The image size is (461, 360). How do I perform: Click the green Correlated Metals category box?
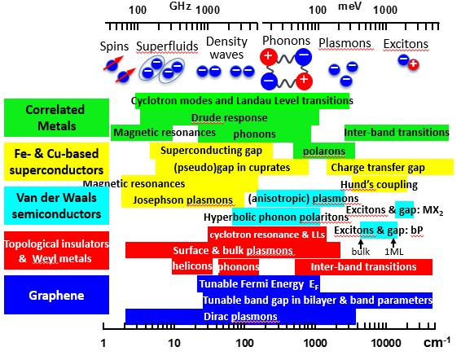click(56, 117)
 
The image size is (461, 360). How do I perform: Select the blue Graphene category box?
click(56, 295)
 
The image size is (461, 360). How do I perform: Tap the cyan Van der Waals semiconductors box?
click(56, 206)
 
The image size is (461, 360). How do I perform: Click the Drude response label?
click(230, 118)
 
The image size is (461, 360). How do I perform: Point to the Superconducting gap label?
click(211, 151)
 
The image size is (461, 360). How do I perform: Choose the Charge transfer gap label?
click(378, 168)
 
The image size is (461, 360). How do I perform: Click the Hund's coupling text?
click(379, 185)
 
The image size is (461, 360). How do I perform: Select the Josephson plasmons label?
click(183, 200)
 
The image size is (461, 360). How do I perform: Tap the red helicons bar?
click(192, 266)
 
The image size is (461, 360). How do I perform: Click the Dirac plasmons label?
click(240, 317)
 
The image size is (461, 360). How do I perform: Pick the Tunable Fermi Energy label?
click(259, 284)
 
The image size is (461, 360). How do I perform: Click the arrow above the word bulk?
click(361, 244)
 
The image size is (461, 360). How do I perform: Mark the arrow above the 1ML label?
click(393, 244)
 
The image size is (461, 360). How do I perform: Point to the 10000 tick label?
click(386, 343)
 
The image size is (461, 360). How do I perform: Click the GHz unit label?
click(181, 7)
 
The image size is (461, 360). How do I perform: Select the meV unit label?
click(349, 7)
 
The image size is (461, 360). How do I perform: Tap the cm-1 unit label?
click(437, 342)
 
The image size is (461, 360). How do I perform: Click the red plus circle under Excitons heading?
click(414, 64)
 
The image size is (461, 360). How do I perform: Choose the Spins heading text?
click(114, 46)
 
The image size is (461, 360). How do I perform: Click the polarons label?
click(324, 151)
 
